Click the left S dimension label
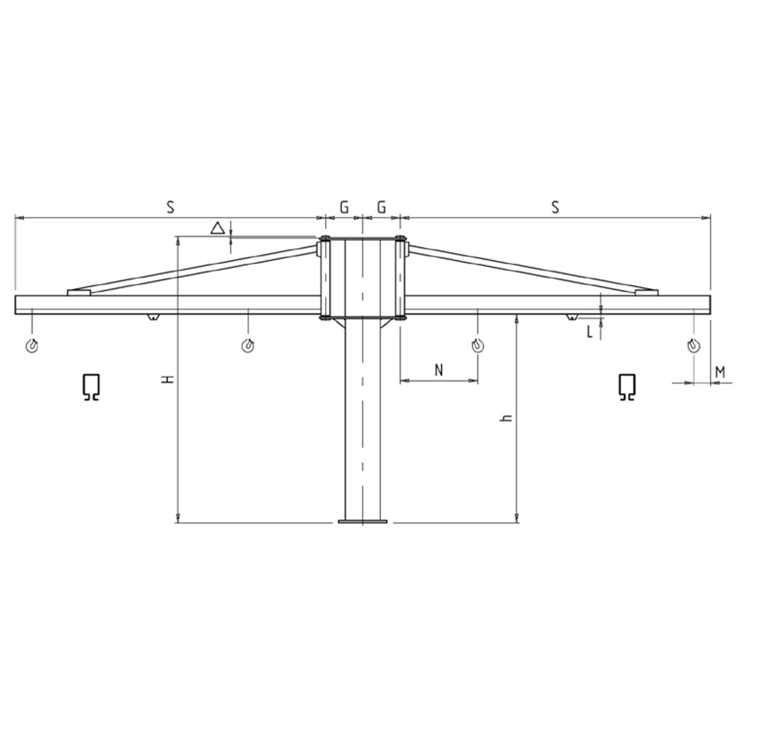coord(170,207)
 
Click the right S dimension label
coord(555,207)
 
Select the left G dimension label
coord(344,207)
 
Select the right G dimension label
coord(381,207)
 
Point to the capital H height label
coord(168,379)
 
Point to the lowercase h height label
coord(506,418)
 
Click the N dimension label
coord(439,370)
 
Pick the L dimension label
coord(589,332)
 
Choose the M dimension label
coord(720,372)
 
